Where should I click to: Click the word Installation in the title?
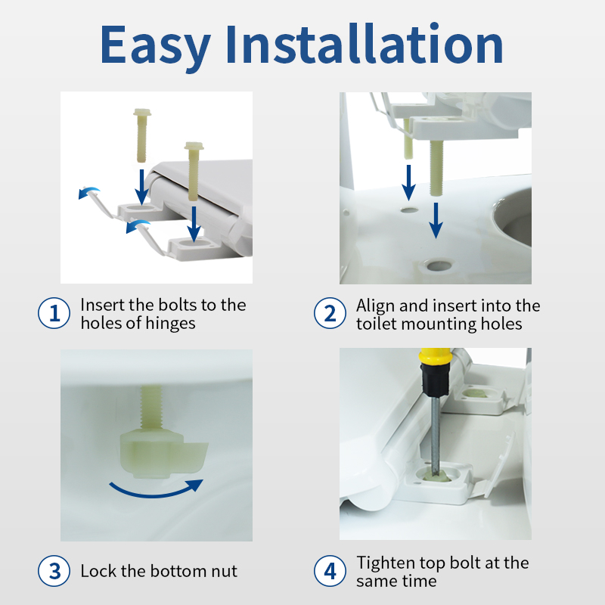point(364,43)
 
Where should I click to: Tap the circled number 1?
point(54,313)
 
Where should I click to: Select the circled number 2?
point(330,313)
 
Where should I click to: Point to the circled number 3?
point(54,571)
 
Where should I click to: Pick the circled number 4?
point(330,571)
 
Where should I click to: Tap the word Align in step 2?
point(376,306)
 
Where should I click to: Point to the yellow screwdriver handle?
point(436,356)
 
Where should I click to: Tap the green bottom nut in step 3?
point(164,453)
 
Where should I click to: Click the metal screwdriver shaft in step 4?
point(436,436)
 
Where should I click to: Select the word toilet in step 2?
point(376,324)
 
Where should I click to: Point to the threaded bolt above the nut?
point(152,408)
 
